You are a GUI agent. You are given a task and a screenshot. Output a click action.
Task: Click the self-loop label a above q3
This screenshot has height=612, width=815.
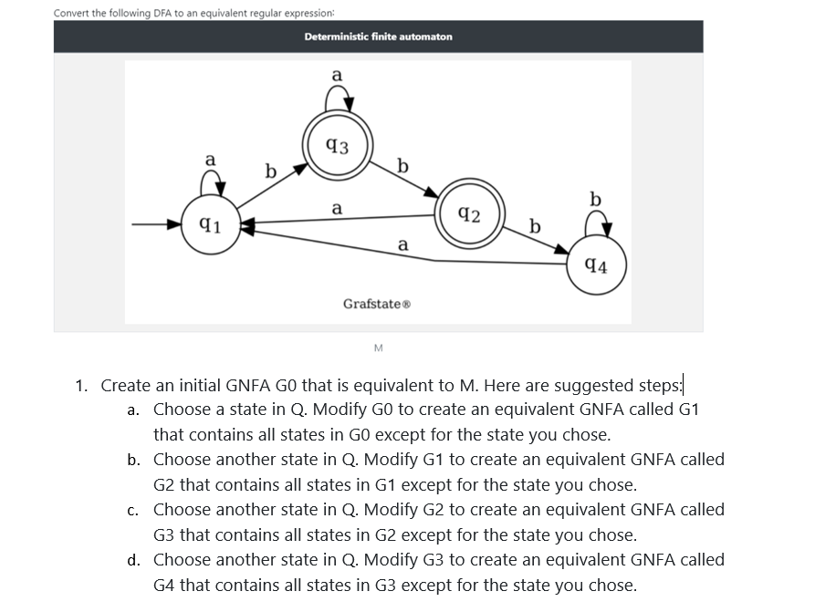337,76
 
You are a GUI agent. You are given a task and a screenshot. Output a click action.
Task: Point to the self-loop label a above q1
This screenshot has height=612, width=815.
210,160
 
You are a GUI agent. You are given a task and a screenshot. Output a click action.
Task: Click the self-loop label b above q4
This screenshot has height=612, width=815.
596,199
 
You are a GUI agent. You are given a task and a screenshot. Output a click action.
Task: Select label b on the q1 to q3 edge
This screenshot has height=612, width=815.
271,171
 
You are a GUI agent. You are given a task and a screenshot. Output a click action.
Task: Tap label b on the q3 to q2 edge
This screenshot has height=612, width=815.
402,165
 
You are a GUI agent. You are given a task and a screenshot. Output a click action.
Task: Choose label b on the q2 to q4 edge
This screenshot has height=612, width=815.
535,226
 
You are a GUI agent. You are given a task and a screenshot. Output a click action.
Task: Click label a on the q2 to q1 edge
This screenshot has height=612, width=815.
337,208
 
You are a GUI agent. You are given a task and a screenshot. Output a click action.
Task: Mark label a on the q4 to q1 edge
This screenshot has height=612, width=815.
402,244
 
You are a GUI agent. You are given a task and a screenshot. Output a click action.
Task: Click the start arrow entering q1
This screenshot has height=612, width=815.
156,224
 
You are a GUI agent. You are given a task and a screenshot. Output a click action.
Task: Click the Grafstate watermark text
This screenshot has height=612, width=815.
377,304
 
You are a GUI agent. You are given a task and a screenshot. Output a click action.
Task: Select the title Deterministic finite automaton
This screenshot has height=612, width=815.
379,36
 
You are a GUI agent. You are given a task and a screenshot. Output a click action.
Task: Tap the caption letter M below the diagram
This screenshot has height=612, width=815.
379,348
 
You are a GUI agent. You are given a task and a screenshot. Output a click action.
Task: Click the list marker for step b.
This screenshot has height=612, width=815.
133,460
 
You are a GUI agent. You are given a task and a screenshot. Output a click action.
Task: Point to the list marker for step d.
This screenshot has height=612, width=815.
133,560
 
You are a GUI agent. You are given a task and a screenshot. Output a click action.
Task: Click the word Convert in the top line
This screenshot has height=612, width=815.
72,13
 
